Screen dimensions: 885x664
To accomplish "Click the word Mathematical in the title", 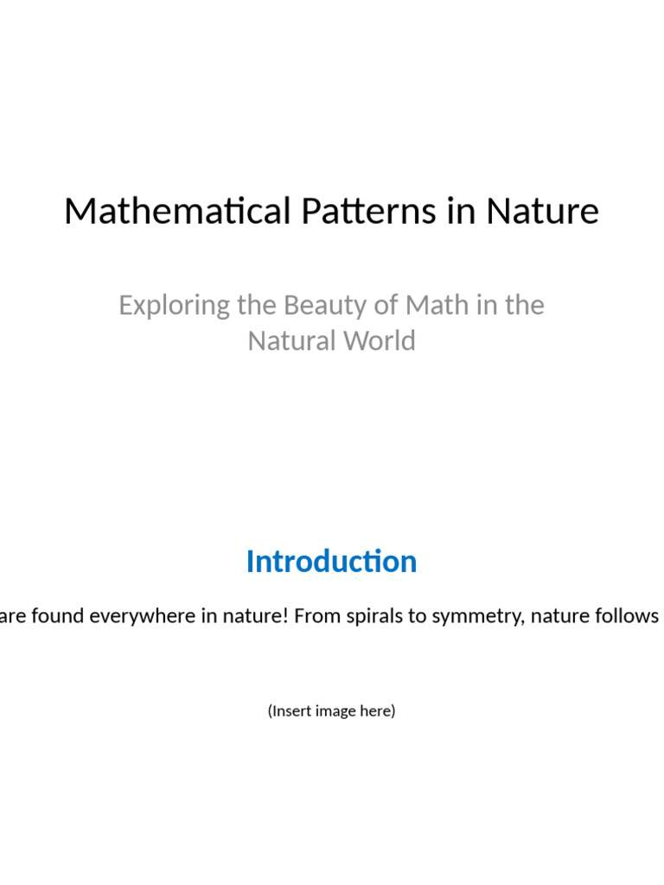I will pyautogui.click(x=176, y=212).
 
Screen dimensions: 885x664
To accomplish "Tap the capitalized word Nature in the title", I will pyautogui.click(x=542, y=212).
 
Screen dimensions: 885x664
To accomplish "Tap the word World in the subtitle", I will pyautogui.click(x=377, y=341).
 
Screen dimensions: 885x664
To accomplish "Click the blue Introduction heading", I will pyautogui.click(x=331, y=562).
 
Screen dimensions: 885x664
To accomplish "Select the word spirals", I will pyautogui.click(x=374, y=615).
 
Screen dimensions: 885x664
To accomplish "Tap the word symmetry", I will pyautogui.click(x=470, y=616).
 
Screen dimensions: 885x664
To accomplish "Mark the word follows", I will pyautogui.click(x=630, y=615).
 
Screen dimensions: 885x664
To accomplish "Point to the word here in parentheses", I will pyautogui.click(x=379, y=711).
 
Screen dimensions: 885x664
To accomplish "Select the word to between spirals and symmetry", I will pyautogui.click(x=417, y=616).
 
